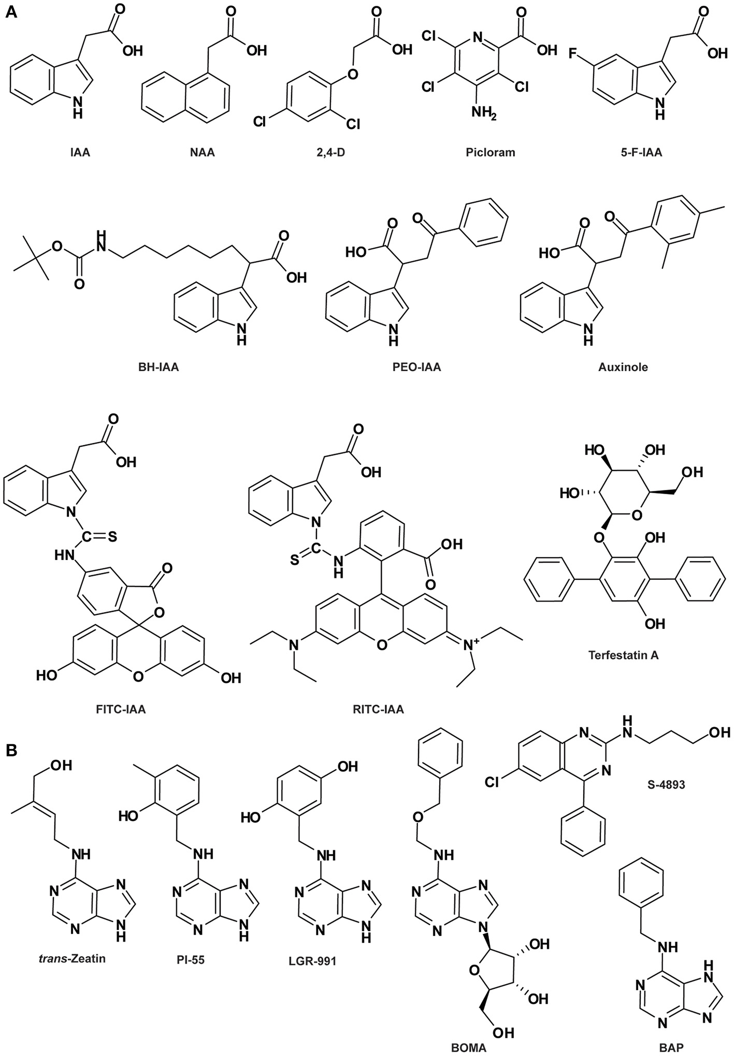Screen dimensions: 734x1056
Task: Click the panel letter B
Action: [11, 750]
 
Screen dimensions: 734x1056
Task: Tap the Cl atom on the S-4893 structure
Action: [494, 781]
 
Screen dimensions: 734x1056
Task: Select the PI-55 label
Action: [190, 959]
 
